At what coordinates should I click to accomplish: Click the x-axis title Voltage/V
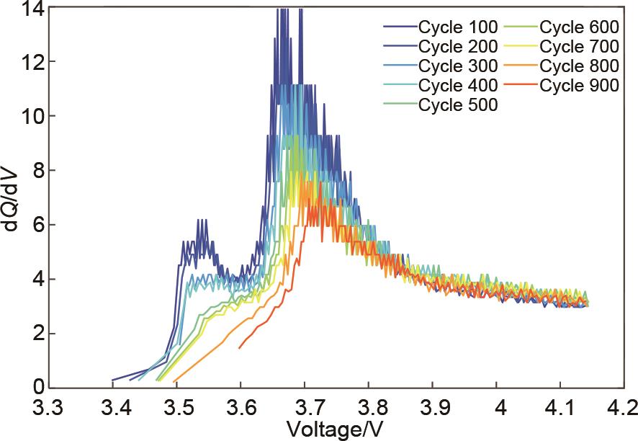336,428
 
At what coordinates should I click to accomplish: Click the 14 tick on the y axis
35,9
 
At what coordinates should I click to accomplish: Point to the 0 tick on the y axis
39,387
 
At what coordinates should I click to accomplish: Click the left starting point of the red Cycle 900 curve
240,348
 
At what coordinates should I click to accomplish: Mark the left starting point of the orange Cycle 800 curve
174,381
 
